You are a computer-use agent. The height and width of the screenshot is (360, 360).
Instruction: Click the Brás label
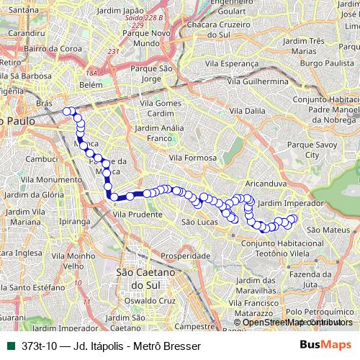45,104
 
